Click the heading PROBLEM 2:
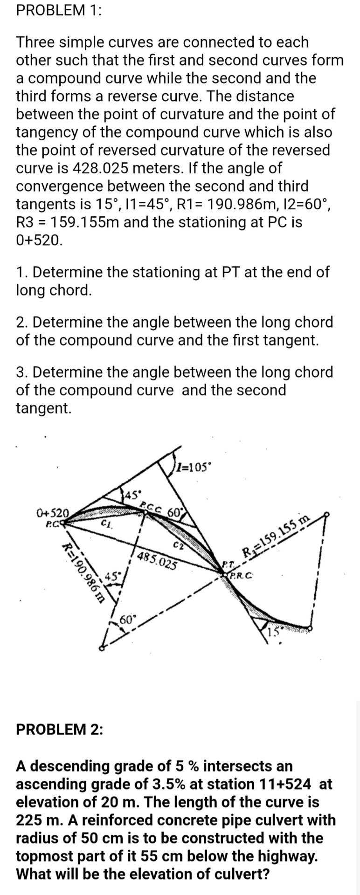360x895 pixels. click(x=60, y=729)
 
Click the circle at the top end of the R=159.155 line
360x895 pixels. click(x=327, y=515)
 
